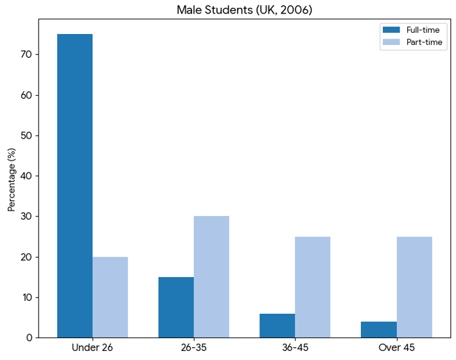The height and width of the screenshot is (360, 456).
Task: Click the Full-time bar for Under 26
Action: [75, 186]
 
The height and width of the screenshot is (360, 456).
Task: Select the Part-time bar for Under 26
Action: [110, 297]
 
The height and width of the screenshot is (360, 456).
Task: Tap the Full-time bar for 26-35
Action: [176, 307]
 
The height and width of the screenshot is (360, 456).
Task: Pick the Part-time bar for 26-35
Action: [211, 276]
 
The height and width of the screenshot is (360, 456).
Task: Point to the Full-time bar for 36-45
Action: [277, 325]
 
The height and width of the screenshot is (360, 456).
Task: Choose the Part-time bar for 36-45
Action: [312, 287]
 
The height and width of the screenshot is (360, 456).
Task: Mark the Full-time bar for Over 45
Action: [378, 329]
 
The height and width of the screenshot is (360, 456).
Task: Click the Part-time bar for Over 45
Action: [414, 287]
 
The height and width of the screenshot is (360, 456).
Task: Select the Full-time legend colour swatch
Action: [391, 30]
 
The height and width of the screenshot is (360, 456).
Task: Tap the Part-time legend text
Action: [423, 42]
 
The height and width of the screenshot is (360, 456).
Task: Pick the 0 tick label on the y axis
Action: [30, 337]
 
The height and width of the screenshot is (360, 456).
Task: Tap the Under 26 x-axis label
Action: [92, 348]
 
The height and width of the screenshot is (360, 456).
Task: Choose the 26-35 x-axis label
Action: [193, 348]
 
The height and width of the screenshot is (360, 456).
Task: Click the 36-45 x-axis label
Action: [295, 348]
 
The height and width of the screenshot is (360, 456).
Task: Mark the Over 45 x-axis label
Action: [396, 348]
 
